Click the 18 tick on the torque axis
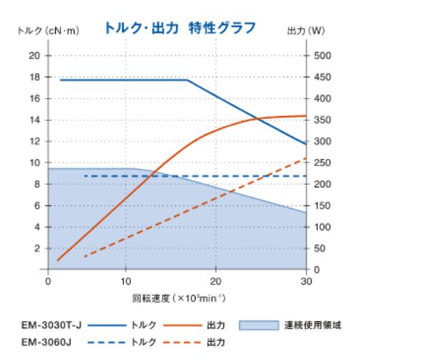click(x=34, y=77)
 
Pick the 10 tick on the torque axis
click(x=34, y=162)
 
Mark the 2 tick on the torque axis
click(x=37, y=248)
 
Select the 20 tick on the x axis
click(x=215, y=281)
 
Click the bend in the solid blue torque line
click(x=188, y=79)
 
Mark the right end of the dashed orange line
click(x=307, y=158)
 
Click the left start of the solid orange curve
click(x=57, y=261)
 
